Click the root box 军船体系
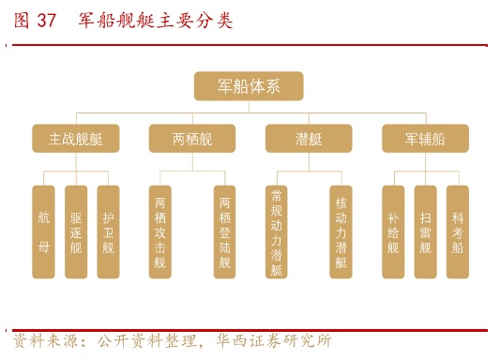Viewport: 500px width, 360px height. pyautogui.click(x=249, y=86)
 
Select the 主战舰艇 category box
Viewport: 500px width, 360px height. pyautogui.click(x=76, y=139)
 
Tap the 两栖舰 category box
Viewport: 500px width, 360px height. pyautogui.click(x=192, y=139)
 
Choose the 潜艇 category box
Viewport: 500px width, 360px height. pyautogui.click(x=309, y=139)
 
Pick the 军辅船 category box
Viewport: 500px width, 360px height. pyautogui.click(x=425, y=139)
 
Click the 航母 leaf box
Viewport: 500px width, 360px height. pyautogui.click(x=44, y=232)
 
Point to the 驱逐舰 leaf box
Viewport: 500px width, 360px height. pyautogui.click(x=76, y=232)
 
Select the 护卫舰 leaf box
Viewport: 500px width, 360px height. pyautogui.click(x=108, y=232)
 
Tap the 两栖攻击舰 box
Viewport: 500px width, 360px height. pyautogui.click(x=160, y=232)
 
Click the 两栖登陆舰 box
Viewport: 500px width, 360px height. pyautogui.click(x=224, y=232)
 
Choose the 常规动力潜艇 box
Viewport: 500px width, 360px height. pyautogui.click(x=277, y=232)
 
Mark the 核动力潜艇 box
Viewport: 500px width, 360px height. pyautogui.click(x=341, y=232)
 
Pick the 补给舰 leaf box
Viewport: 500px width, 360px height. pyautogui.click(x=393, y=232)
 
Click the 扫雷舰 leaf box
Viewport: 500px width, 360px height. pyautogui.click(x=425, y=232)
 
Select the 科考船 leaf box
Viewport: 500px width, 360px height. pyautogui.click(x=457, y=232)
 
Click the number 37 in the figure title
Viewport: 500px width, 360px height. pyautogui.click(x=47, y=21)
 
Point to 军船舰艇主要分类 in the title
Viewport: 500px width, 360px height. pyautogui.click(x=156, y=21)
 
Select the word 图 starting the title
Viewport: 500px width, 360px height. pyautogui.click(x=22, y=21)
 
